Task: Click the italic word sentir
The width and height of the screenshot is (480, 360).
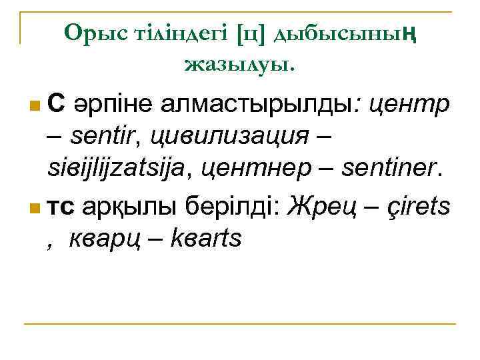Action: [107, 137]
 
